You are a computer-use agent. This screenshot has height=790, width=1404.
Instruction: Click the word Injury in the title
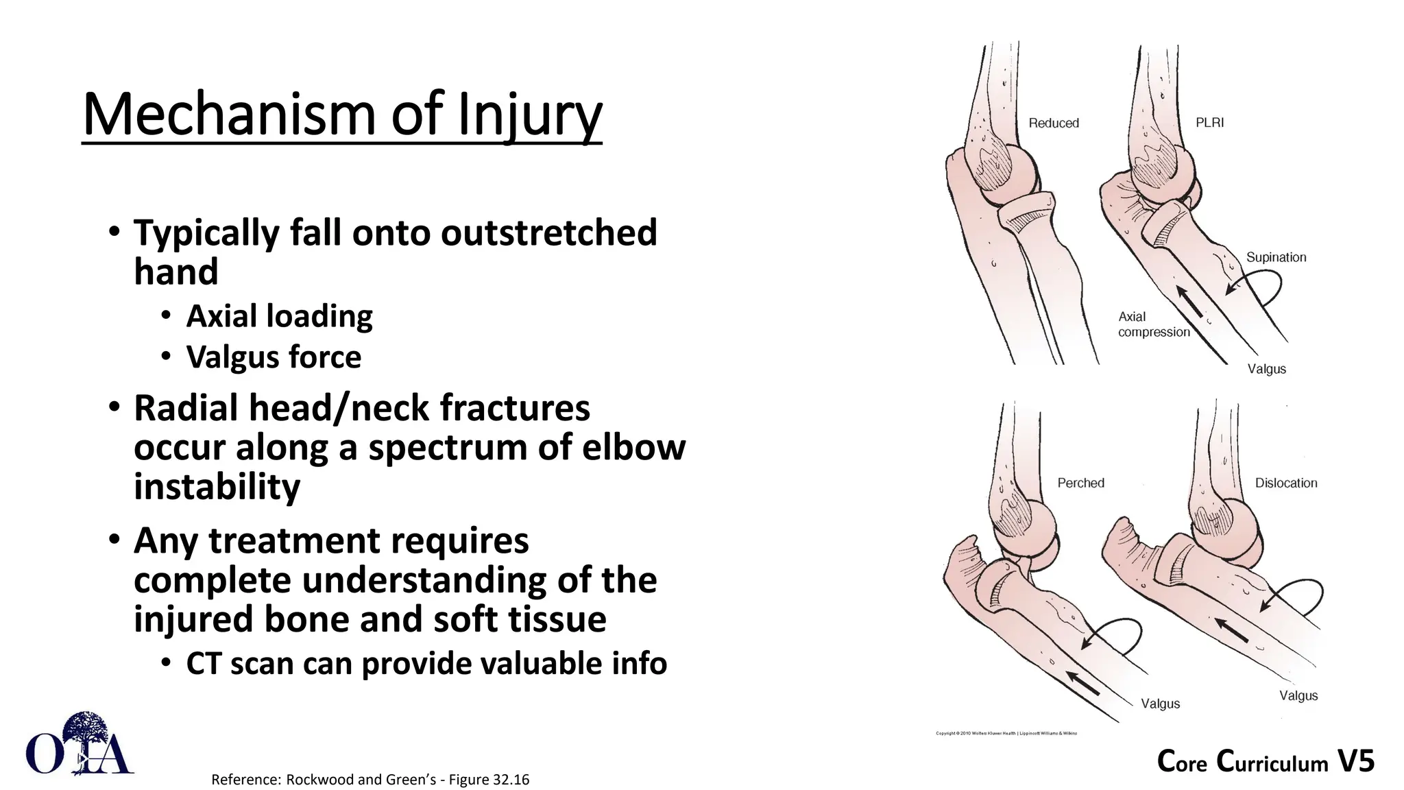point(529,115)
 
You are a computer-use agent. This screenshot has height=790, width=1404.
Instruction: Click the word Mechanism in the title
point(229,115)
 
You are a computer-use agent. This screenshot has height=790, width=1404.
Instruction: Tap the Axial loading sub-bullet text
point(279,316)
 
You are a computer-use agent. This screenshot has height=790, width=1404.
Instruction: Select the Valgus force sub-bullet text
point(274,357)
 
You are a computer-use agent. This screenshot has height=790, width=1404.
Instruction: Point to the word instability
point(217,486)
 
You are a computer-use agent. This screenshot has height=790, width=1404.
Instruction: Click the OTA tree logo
point(80,745)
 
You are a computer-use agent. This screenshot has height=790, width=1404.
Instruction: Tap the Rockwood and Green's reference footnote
point(370,780)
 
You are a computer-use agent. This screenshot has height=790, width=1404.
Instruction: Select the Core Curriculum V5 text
point(1266,762)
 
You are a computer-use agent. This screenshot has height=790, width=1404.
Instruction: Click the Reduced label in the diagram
point(1054,123)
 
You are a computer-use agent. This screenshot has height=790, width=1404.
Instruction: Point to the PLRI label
point(1209,123)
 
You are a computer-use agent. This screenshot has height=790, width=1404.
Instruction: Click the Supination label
point(1276,257)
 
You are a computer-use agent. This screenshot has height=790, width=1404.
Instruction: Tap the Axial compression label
point(1153,324)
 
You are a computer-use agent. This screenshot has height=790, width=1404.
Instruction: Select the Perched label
point(1080,483)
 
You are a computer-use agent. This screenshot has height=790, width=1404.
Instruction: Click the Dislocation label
point(1285,483)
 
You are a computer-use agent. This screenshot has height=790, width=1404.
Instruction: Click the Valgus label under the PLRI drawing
point(1266,369)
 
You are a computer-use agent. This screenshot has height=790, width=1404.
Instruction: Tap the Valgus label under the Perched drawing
point(1160,704)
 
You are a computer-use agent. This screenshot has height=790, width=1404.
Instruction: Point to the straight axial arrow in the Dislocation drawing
point(1231,630)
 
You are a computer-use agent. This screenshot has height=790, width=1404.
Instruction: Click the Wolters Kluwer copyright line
point(1006,733)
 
